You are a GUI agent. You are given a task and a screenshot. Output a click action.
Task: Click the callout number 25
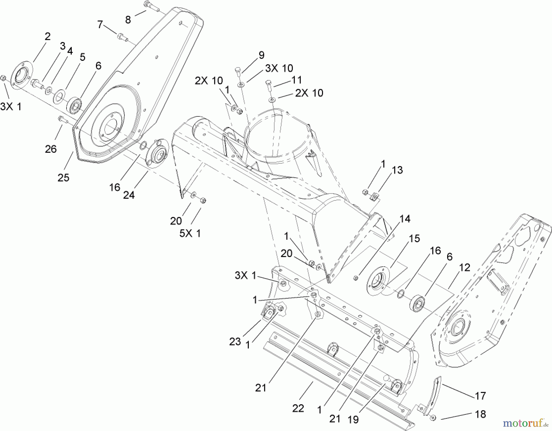pyautogui.click(x=63, y=178)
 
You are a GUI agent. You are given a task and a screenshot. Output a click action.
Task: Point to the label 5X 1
pyautogui.click(x=190, y=234)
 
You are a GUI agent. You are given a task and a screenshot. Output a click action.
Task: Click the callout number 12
pyautogui.click(x=465, y=268)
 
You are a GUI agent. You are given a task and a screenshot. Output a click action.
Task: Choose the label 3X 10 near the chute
pyautogui.click(x=279, y=68)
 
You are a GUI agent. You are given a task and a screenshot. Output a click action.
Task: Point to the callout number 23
pyautogui.click(x=235, y=341)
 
